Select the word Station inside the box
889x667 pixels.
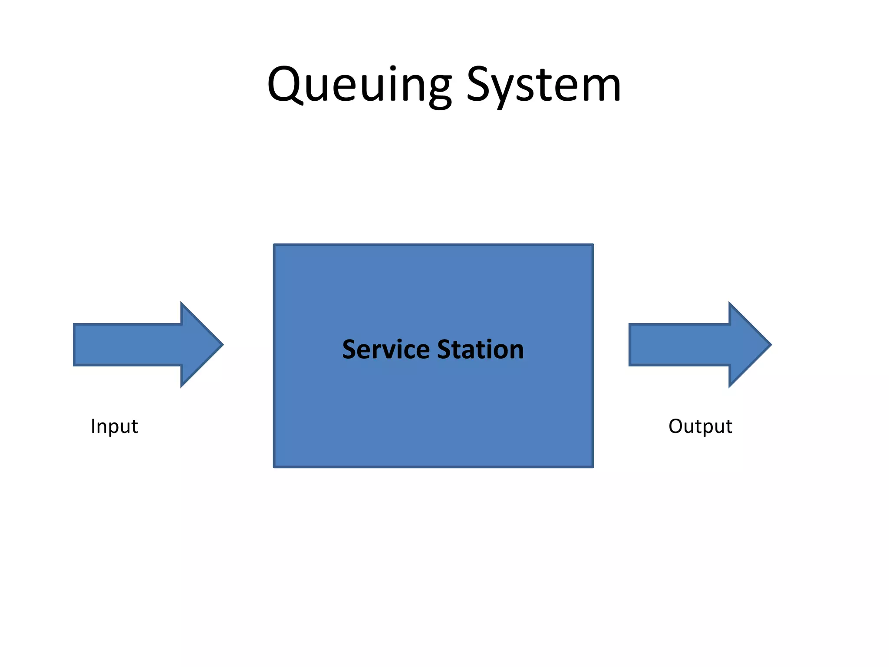[x=481, y=350]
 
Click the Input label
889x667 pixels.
[x=114, y=426]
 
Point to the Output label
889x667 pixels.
[x=700, y=426]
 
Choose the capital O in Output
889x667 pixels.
[x=676, y=426]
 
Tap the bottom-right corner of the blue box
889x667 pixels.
[x=593, y=466]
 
